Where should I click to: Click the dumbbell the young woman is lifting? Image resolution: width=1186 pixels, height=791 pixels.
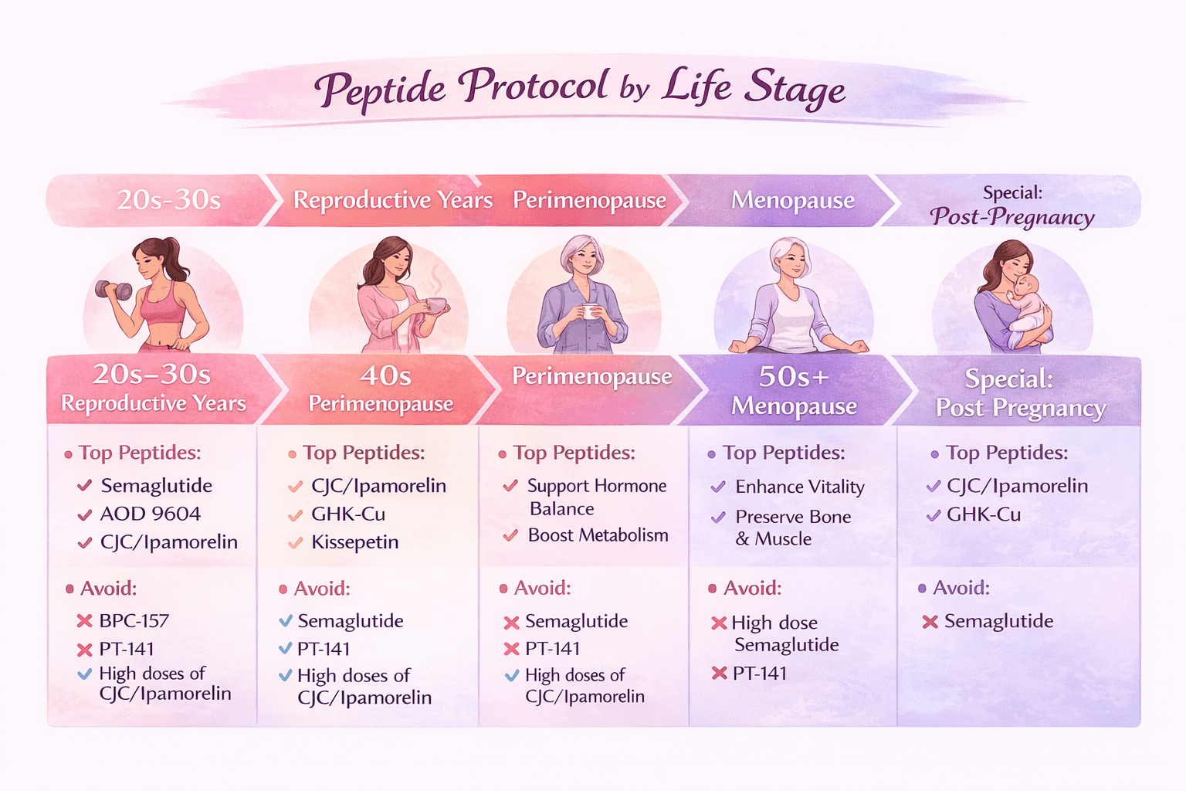pos(113,290)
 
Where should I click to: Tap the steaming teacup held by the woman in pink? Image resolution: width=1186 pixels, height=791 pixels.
pos(436,305)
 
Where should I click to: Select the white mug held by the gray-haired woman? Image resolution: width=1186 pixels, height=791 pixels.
pos(591,311)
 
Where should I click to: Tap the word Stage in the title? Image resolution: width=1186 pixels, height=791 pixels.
pos(795,90)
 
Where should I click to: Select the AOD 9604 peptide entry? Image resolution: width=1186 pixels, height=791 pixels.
pos(150,514)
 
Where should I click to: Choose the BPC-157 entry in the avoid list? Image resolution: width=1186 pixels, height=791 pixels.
pos(134,620)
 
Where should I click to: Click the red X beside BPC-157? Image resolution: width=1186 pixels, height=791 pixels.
pos(84,620)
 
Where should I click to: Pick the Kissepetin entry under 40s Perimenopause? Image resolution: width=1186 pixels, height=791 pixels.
pos(354,542)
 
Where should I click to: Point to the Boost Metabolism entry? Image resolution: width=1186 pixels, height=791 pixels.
pos(598,535)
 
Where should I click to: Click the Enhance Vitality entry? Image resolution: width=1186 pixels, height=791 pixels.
pos(799,487)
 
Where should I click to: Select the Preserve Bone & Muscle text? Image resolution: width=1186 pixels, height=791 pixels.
pos(792,528)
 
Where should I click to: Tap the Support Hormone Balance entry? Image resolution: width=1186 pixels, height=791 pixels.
pos(596,497)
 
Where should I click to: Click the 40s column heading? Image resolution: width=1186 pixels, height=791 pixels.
pos(385,376)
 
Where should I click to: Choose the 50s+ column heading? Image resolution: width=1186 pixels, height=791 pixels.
pos(793,377)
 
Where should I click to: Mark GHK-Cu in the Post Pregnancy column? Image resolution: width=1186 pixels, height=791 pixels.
pos(983,514)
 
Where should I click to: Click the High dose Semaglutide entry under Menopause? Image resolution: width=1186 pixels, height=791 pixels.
pos(785,633)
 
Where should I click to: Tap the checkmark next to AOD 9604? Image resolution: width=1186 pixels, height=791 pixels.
pos(85,515)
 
